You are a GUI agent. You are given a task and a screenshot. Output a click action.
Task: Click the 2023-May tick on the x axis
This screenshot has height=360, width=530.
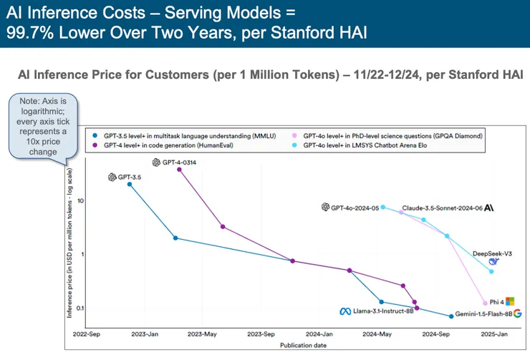point(204,334)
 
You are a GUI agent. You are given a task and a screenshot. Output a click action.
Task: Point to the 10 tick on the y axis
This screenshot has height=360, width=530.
point(81,200)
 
